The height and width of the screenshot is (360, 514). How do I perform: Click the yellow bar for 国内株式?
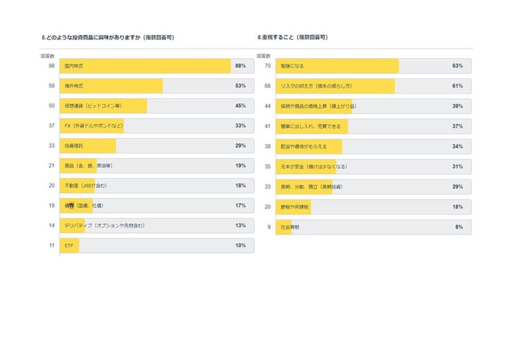(146, 66)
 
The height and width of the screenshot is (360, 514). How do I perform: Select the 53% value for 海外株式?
(240, 86)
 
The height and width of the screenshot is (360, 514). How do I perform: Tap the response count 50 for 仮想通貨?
(51, 106)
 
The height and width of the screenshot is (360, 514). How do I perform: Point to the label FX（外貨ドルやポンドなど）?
(94, 126)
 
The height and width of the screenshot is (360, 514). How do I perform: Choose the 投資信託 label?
(74, 146)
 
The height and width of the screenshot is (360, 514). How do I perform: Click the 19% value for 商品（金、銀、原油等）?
(240, 165)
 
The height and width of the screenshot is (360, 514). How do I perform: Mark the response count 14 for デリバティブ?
(51, 225)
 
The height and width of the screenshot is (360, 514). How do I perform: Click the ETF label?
(69, 246)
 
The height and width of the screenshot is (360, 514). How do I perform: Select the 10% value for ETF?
(240, 246)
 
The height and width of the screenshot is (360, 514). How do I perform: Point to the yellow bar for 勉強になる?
(337, 66)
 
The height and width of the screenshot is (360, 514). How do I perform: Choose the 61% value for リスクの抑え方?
(457, 86)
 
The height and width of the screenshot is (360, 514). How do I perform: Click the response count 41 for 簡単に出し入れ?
(268, 126)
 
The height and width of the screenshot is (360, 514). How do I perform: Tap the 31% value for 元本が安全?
(457, 167)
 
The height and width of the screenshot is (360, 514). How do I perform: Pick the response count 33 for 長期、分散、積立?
(268, 187)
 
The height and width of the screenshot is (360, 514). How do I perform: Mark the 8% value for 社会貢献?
(459, 227)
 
